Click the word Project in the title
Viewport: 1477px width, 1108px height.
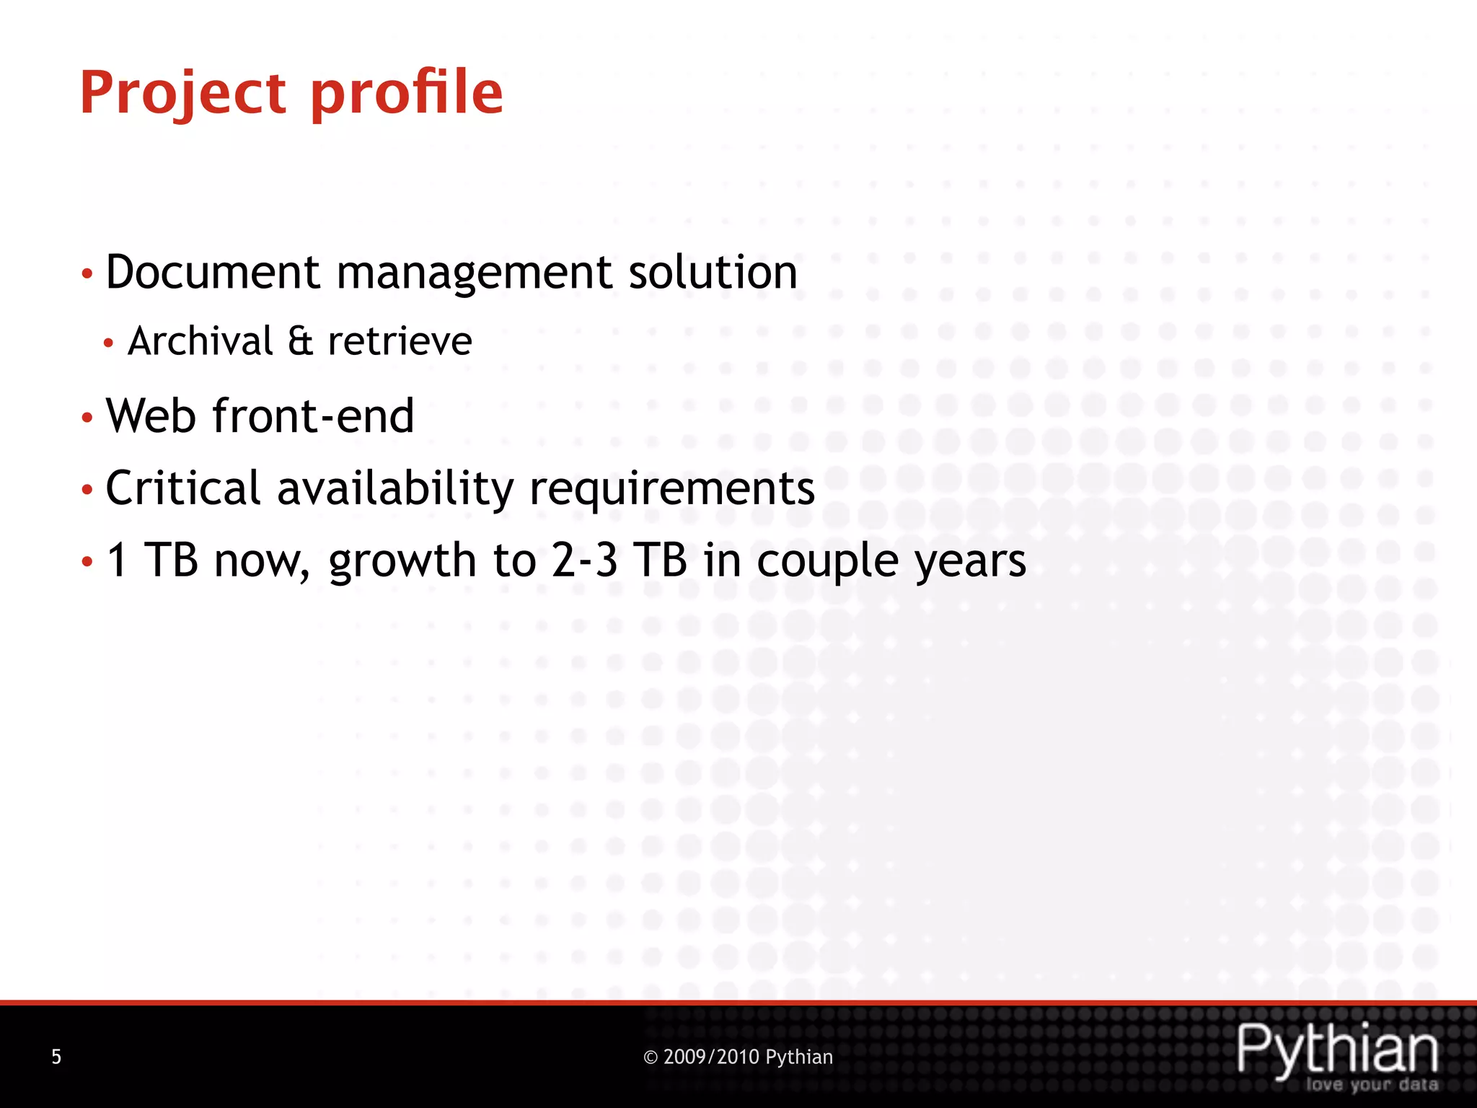tap(183, 94)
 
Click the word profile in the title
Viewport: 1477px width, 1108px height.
tap(407, 94)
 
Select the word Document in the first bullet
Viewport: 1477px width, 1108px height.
tap(213, 273)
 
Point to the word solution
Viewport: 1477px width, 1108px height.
tap(713, 273)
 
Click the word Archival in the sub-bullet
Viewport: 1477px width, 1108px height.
tap(200, 341)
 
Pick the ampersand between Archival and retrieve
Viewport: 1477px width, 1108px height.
tap(300, 341)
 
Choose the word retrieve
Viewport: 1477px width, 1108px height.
tap(400, 341)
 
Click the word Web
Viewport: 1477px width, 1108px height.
tap(151, 416)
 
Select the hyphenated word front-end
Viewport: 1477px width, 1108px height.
tap(313, 416)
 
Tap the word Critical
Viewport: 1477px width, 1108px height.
tap(183, 488)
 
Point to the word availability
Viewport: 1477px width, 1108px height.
tap(394, 488)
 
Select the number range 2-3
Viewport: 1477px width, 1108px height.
tap(584, 560)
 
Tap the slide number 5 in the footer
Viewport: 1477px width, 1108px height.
tap(56, 1058)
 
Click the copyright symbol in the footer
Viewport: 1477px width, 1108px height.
tap(651, 1058)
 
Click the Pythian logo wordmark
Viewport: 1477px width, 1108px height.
tap(1338, 1050)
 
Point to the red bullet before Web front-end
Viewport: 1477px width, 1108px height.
tap(87, 418)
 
